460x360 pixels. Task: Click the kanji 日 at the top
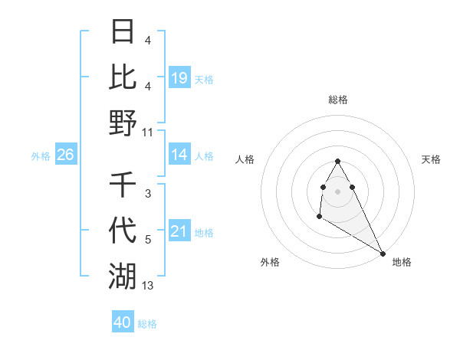click(123, 32)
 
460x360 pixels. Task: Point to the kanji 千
click(123, 185)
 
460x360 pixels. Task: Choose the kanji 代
click(123, 230)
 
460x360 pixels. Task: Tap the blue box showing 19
click(179, 78)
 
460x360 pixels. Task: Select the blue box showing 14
click(179, 155)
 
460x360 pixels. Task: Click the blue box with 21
click(179, 231)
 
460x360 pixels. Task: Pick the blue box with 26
click(65, 155)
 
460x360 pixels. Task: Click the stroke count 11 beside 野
click(148, 133)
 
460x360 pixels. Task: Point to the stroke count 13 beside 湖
click(148, 286)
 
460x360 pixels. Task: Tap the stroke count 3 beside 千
click(148, 194)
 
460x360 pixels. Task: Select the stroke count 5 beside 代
click(148, 240)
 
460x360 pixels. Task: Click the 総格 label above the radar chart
click(338, 100)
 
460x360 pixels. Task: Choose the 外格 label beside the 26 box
click(41, 155)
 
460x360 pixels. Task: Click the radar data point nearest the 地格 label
click(383, 253)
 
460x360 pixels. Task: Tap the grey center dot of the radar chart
click(338, 191)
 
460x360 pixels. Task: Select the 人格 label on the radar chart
click(245, 159)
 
